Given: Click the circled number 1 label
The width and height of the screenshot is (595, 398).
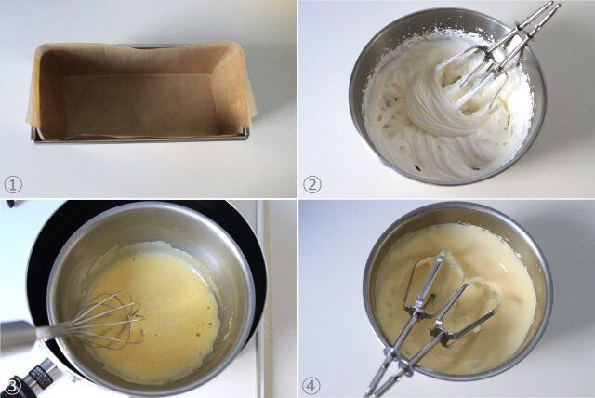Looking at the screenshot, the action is (x=13, y=184).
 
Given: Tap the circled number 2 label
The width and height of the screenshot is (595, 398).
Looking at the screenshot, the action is (x=312, y=184).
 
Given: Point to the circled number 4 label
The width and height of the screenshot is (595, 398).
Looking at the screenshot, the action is (x=311, y=386).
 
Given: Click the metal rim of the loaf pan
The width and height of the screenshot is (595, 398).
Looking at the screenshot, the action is (x=140, y=139).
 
